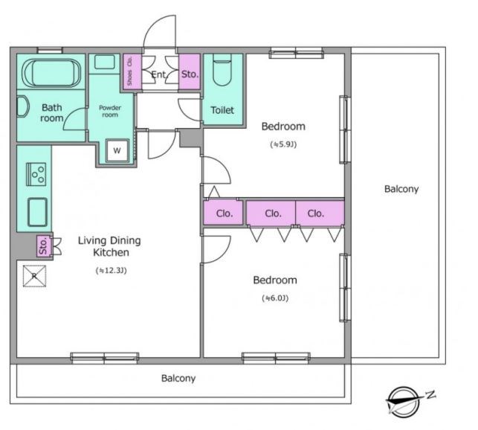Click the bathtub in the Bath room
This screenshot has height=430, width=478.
[x=51, y=72]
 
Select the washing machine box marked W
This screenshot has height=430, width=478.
[x=117, y=150]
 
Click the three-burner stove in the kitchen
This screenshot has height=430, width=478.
[x=36, y=174]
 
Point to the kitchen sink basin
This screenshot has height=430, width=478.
[x=37, y=212]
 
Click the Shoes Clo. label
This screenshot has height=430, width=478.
[x=130, y=71]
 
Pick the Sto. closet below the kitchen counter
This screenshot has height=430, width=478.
[x=43, y=246]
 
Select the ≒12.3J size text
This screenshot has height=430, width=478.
[x=111, y=270]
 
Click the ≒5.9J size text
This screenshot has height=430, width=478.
[x=283, y=144]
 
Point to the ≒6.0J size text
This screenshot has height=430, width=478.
[x=275, y=298]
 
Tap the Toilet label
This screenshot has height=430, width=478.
[x=222, y=110]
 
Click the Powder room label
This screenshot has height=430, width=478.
[x=110, y=111]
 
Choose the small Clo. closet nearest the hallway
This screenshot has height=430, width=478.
[x=224, y=213]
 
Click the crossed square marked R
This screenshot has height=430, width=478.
[x=34, y=276]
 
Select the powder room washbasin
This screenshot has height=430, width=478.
[x=105, y=62]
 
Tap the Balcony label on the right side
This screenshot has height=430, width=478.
[x=401, y=189]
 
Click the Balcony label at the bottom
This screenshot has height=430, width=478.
[x=178, y=379]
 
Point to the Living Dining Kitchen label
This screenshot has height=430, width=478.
[x=110, y=246]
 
